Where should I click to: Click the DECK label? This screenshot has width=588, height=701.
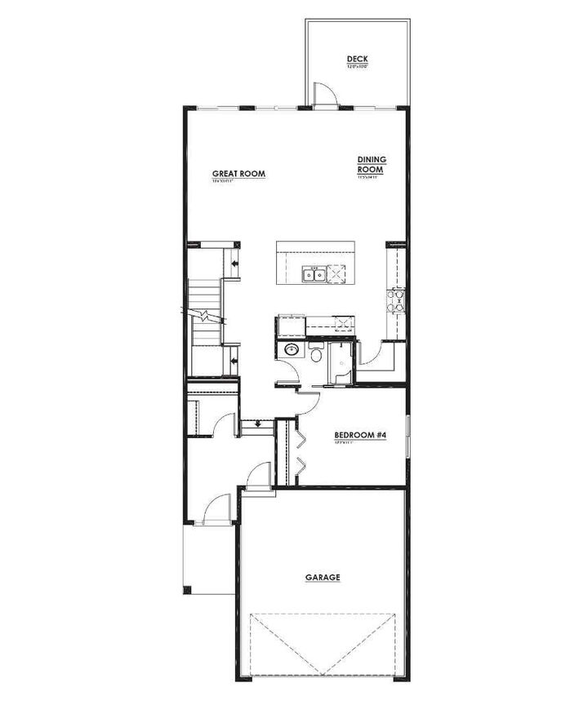coord(357,60)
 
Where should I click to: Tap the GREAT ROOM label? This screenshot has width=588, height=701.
coord(238,174)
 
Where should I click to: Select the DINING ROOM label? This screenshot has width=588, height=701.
coord(371,165)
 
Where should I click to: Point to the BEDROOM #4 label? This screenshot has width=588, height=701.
coord(360,435)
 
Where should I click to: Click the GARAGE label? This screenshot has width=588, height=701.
coord(323,578)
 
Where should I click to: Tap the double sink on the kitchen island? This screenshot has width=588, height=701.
coord(314,275)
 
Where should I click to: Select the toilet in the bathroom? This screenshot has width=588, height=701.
coord(315,354)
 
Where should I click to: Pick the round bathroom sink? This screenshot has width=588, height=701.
coord(289,351)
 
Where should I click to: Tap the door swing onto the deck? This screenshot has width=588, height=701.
coord(324,94)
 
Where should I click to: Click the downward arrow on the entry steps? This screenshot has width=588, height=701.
coord(258,424)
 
